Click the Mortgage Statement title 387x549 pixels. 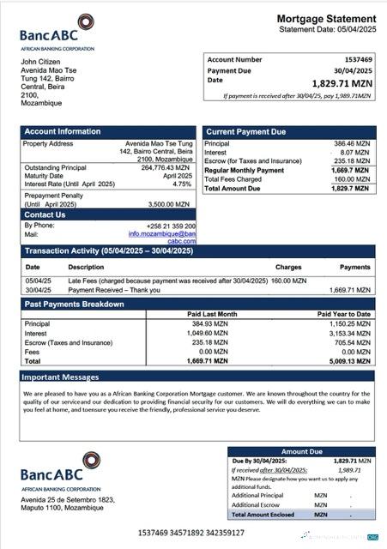(x=325, y=19)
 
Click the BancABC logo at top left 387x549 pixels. (x=57, y=30)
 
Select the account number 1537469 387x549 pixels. (x=354, y=59)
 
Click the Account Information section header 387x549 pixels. (x=63, y=131)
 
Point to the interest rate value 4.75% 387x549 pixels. (x=181, y=184)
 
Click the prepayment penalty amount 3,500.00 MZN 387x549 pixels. (x=172, y=205)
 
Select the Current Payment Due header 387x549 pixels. (x=246, y=131)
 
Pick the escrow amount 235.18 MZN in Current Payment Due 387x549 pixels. (x=352, y=160)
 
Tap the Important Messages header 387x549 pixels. (x=60, y=376)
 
